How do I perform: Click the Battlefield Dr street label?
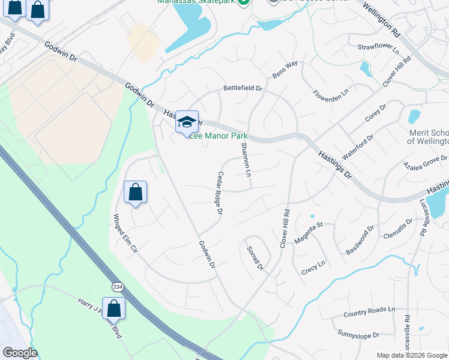243,88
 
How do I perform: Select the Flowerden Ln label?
331,94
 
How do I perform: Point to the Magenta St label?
309,233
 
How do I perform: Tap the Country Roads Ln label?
370,313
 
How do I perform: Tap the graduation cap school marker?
187,121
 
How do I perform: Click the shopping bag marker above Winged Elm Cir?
136,193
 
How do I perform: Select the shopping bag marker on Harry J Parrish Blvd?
113,308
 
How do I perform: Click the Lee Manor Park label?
218,136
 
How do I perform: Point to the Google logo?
19,353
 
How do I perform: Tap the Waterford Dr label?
358,146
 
